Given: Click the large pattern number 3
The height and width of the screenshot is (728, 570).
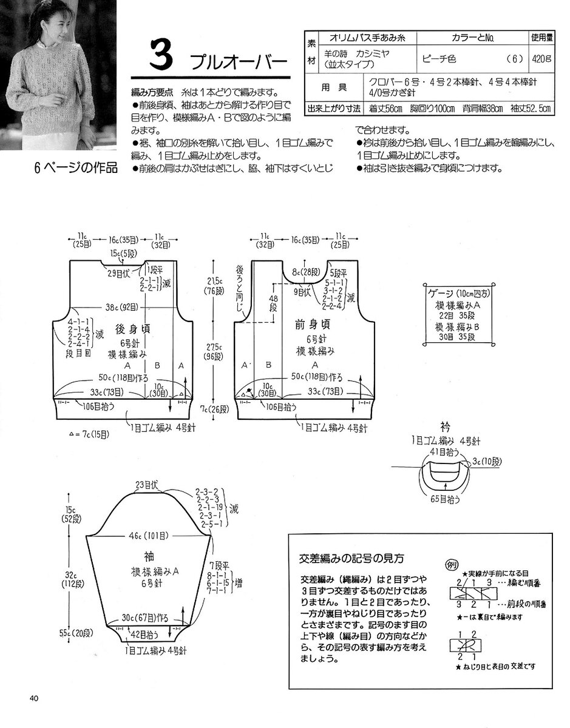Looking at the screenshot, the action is [x=160, y=58].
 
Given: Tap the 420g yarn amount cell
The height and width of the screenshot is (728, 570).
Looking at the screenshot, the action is [x=540, y=59].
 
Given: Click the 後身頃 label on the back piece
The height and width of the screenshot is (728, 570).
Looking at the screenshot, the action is [x=130, y=328].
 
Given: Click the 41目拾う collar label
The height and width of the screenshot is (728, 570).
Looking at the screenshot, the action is [x=444, y=452].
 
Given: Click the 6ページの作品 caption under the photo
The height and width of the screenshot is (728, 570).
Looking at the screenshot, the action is [x=76, y=168].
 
